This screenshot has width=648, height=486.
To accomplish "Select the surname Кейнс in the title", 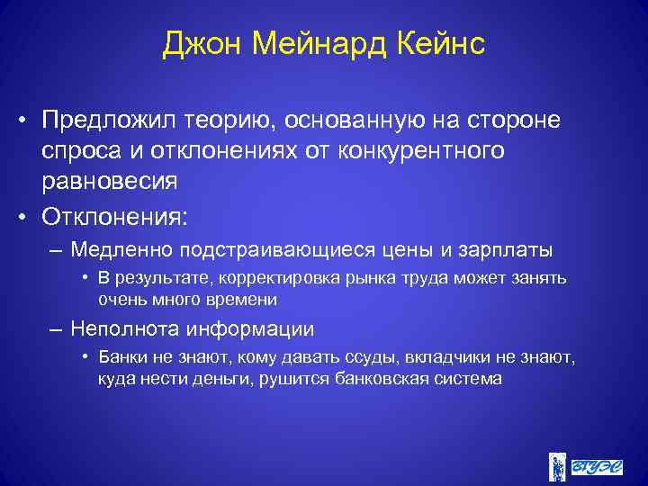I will pyautogui.click(x=440, y=44).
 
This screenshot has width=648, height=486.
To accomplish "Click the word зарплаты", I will pyautogui.click(x=510, y=248).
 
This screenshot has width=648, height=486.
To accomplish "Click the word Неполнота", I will pyautogui.click(x=128, y=329).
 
